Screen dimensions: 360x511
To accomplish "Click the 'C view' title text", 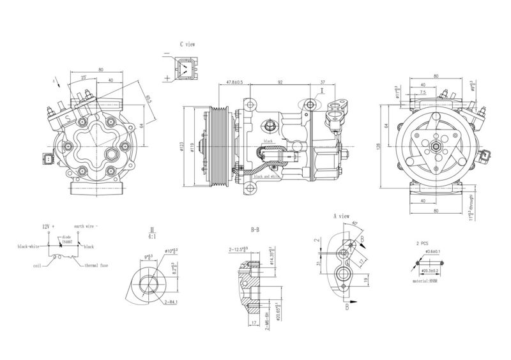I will pyautogui.click(x=187, y=44).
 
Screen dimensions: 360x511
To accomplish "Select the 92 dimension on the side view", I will pyautogui.click(x=280, y=82).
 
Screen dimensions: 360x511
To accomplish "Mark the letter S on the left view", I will pyautogui.click(x=68, y=119).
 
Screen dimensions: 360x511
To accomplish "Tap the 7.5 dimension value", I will pyautogui.click(x=423, y=93).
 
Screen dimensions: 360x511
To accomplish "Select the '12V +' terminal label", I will pyautogui.click(x=49, y=227).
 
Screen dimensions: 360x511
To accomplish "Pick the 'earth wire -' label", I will pyautogui.click(x=88, y=227).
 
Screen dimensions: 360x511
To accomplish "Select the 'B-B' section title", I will pyautogui.click(x=255, y=229).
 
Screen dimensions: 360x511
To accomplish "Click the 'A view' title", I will pyautogui.click(x=342, y=217).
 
